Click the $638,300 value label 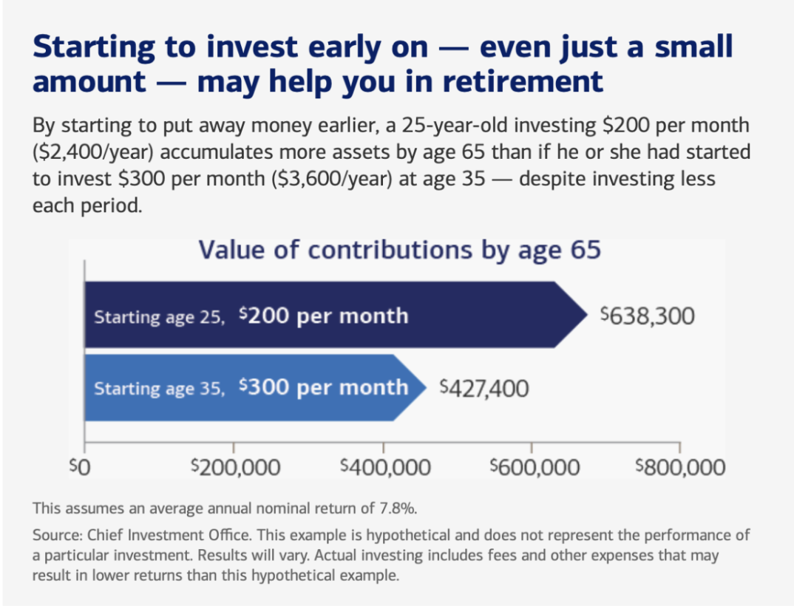coord(648,316)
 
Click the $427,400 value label coord(484,388)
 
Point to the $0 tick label coord(78,467)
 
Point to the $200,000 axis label coord(235,467)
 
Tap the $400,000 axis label coord(384,467)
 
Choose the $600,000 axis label coord(533,467)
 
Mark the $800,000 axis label coord(681,467)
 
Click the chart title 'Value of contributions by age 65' coord(399,250)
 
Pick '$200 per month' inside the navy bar coord(324,316)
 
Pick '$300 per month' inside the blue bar coord(324,388)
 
